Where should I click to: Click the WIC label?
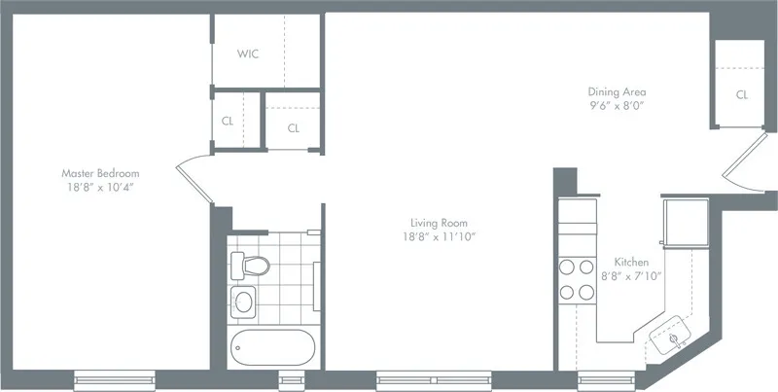tap(248, 53)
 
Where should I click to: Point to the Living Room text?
tap(428, 223)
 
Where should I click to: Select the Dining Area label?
tap(616, 91)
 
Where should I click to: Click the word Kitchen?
tap(632, 263)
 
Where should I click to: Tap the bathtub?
tap(271, 345)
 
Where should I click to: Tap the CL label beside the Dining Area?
tap(742, 95)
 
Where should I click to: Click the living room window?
tap(435, 378)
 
